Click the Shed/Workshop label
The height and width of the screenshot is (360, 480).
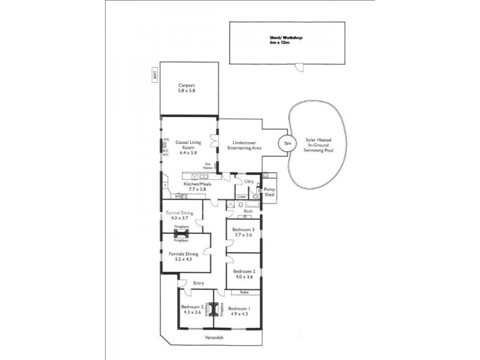click(286, 40)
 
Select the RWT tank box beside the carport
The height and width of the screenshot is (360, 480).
click(154, 76)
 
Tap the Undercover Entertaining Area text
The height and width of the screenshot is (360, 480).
click(243, 145)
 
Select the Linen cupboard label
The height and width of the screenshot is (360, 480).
click(241, 197)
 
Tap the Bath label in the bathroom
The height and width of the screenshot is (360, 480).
click(248, 211)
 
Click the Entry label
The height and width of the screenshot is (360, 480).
click(199, 283)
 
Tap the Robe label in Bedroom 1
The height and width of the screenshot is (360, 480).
click(244, 292)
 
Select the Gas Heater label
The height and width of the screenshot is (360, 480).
click(208, 166)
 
